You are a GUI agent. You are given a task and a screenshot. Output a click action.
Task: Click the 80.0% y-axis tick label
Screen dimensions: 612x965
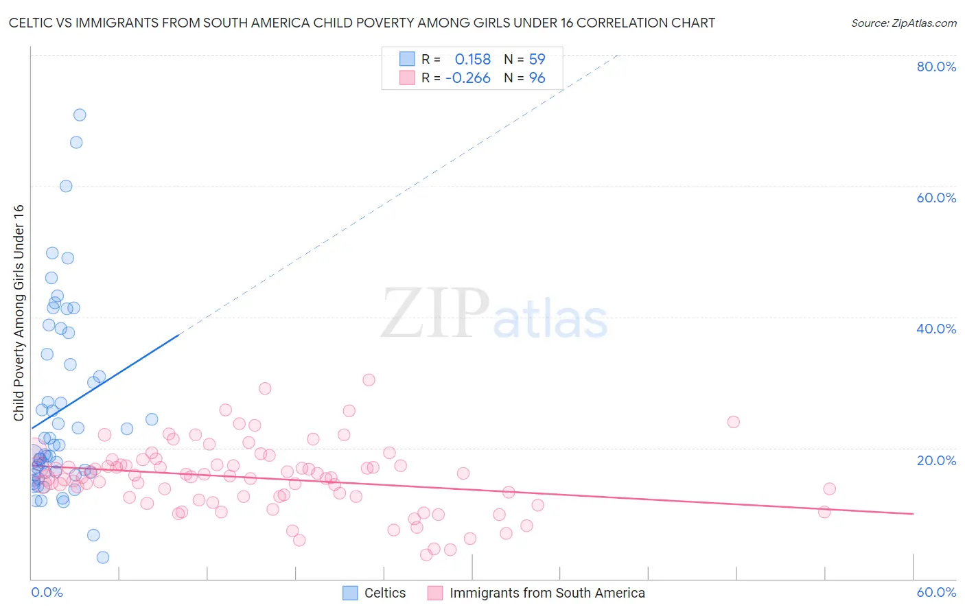[936, 67]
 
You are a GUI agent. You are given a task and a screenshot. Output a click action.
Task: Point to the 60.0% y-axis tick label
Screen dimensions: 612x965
[936, 198]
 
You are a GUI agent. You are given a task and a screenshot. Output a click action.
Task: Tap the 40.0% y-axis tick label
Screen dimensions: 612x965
[936, 329]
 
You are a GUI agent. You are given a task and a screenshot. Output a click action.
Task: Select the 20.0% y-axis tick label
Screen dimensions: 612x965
[936, 460]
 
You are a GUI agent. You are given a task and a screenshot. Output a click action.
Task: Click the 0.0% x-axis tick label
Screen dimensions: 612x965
[47, 592]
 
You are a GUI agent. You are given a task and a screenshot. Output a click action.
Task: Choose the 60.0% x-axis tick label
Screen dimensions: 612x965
[936, 592]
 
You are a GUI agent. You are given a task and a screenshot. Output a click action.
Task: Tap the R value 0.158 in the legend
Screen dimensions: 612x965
[472, 59]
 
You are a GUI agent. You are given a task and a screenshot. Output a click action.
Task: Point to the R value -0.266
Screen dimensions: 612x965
[467, 78]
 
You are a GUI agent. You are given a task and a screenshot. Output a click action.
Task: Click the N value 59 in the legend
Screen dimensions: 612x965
[537, 59]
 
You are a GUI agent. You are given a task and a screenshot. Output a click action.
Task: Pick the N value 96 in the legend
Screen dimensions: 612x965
[537, 78]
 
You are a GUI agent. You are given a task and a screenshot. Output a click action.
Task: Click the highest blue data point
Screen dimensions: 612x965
[80, 115]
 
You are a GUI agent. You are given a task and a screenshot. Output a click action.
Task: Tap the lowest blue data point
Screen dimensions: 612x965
[103, 557]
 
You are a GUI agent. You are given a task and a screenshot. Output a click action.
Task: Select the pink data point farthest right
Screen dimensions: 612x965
[829, 489]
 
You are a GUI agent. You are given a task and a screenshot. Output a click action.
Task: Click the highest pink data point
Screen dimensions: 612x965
[369, 379]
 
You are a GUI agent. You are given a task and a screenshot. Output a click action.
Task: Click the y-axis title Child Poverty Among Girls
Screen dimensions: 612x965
[19, 313]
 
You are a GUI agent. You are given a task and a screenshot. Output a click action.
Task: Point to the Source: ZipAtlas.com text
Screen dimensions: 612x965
[903, 23]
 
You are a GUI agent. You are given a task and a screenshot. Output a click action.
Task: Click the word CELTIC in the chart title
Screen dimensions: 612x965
[32, 23]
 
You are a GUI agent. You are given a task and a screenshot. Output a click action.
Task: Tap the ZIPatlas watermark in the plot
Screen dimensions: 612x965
[494, 314]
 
